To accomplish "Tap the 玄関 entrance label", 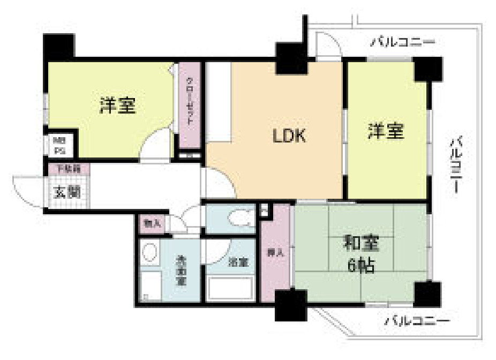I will (66, 191).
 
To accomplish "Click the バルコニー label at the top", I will (402, 42).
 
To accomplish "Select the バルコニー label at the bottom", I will (417, 321).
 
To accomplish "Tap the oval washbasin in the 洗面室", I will (151, 252).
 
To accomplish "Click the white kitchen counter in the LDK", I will (218, 102).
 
